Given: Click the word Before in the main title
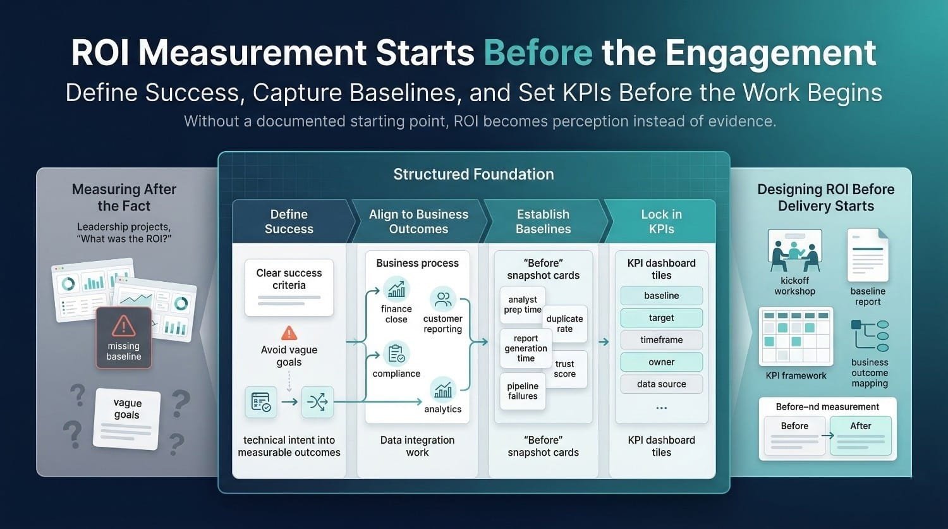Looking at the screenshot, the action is (x=538, y=52).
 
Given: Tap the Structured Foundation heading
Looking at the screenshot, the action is (x=473, y=174).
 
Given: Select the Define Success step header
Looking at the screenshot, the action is (x=289, y=221).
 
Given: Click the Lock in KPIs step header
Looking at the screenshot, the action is (x=661, y=221).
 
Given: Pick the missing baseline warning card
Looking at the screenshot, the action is (x=124, y=337).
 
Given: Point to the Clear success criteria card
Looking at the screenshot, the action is (x=289, y=288).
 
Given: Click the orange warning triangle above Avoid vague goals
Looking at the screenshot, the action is (x=289, y=333).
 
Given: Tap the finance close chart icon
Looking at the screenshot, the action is (x=396, y=289).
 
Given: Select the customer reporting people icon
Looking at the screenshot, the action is (x=442, y=299).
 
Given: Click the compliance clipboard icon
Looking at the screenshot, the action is (x=396, y=354).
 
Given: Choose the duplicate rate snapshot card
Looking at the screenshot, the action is (x=565, y=324).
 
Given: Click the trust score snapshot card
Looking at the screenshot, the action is (x=565, y=368).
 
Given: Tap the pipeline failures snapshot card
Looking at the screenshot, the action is (x=523, y=391).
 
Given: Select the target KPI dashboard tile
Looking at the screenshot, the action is (x=662, y=318).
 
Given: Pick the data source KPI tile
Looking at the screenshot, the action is (x=662, y=384).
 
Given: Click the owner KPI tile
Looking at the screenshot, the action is (x=662, y=362).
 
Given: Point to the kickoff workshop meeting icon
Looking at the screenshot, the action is (x=795, y=250).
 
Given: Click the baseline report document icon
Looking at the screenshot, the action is (x=868, y=255).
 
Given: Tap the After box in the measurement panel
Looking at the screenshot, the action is (x=860, y=435).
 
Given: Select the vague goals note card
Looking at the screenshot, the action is (x=126, y=418).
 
